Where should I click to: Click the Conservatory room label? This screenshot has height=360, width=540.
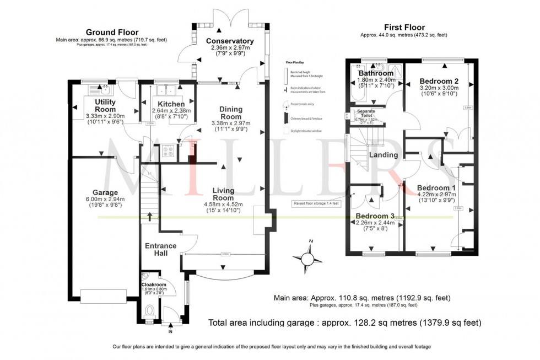[x=230, y=41]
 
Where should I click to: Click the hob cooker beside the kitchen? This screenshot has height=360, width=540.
[x=168, y=152]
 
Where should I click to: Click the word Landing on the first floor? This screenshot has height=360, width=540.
[x=384, y=155]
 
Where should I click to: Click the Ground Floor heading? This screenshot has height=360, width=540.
[x=111, y=33]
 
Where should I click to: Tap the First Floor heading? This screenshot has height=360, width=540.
[x=403, y=27]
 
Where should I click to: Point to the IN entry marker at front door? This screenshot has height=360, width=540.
[x=170, y=332]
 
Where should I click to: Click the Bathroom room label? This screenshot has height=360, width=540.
[x=376, y=73]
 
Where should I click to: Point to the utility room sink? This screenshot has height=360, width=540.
[x=103, y=87]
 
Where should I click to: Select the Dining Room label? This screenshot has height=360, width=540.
[x=230, y=113]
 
